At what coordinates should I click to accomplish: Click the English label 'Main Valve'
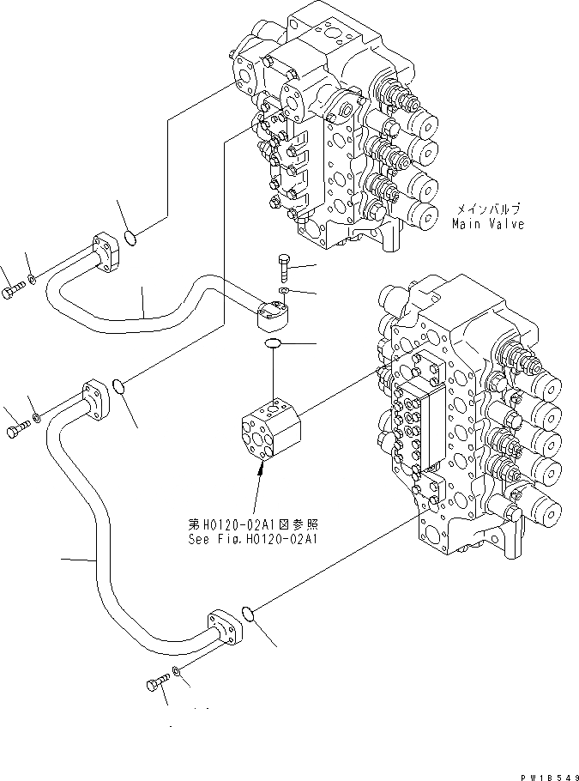click(x=487, y=224)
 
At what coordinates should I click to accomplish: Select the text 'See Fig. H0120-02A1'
click(x=253, y=540)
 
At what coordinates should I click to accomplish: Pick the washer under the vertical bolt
click(x=285, y=292)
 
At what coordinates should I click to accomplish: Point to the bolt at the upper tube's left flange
click(x=9, y=293)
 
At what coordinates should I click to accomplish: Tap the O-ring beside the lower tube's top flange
click(x=121, y=388)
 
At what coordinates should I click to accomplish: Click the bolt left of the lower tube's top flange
click(x=16, y=430)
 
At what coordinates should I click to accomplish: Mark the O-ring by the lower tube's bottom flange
click(x=246, y=613)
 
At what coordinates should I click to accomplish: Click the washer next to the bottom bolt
click(x=177, y=670)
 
